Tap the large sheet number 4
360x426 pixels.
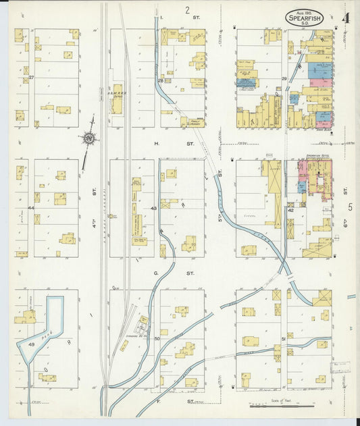pos(345,18)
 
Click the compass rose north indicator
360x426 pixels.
pos(88,139)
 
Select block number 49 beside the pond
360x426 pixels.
pos(31,344)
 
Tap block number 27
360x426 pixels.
pos(31,78)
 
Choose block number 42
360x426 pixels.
pos(290,211)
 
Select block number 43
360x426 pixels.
pos(154,208)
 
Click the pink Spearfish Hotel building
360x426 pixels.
pos(313,177)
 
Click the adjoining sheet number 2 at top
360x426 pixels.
pos(187,10)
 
